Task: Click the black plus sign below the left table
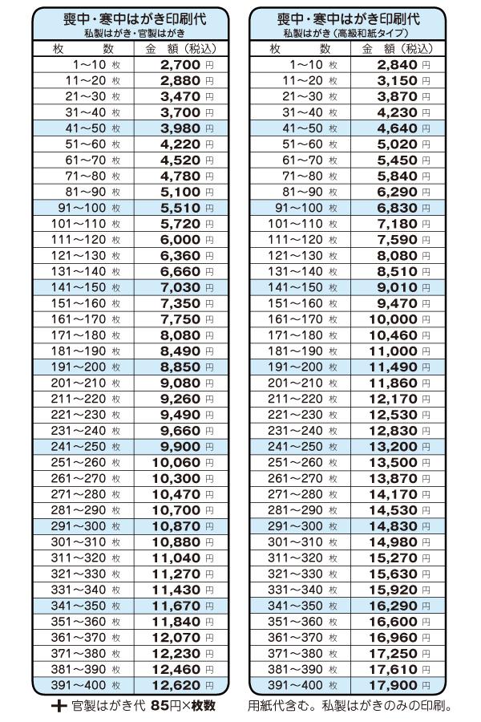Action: [59, 707]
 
